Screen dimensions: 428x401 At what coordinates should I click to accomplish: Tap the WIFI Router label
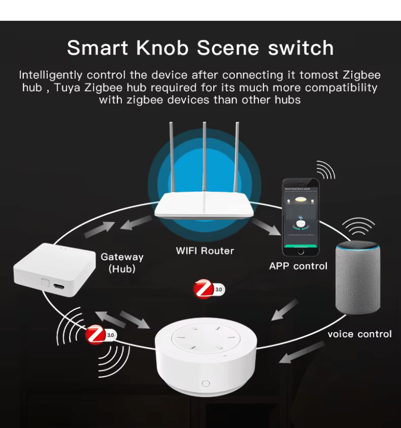pyautogui.click(x=205, y=251)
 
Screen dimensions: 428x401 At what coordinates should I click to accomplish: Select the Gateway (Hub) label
pyautogui.click(x=122, y=263)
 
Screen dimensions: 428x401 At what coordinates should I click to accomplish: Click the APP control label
pyautogui.click(x=298, y=266)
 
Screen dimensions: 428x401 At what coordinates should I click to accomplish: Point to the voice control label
pyautogui.click(x=359, y=334)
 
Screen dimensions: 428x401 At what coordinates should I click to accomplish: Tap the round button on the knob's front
pyautogui.click(x=206, y=383)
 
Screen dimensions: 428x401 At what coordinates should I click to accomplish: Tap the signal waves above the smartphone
pyautogui.click(x=326, y=169)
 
